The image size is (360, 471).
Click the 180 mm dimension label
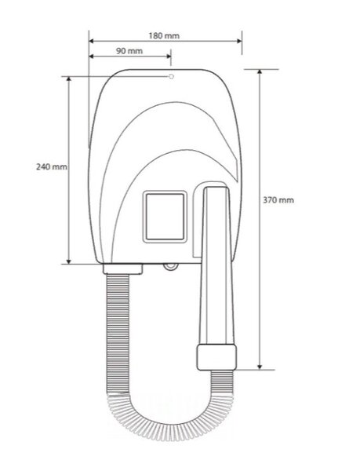[164, 36]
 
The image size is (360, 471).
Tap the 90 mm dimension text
[129, 51]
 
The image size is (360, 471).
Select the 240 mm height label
[52, 166]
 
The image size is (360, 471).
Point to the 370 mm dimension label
[278, 200]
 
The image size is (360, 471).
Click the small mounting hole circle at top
[171, 77]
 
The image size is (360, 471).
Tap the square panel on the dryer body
[165, 217]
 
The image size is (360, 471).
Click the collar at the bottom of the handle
[216, 357]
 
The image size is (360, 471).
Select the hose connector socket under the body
[122, 268]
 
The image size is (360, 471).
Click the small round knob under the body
[171, 266]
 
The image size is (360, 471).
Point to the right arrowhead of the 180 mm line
[239, 41]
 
